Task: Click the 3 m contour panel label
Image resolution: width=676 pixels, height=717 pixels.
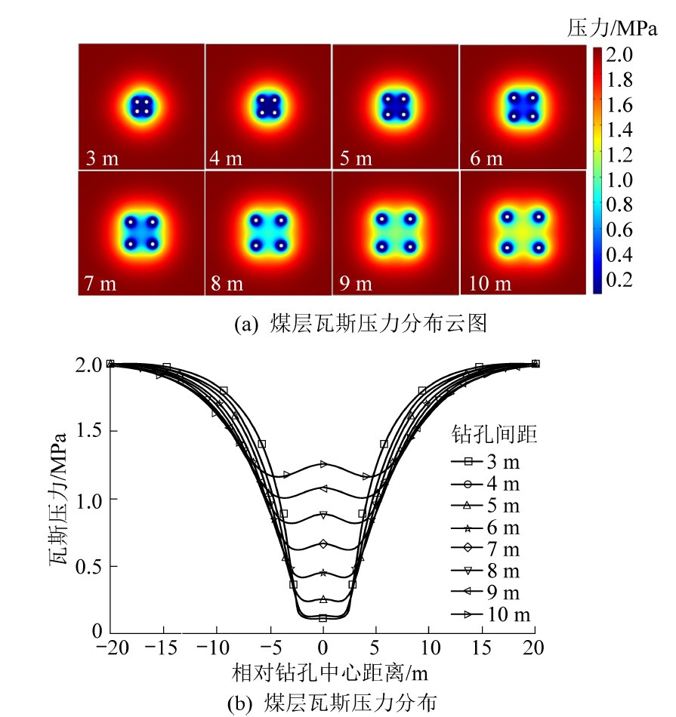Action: tap(103, 159)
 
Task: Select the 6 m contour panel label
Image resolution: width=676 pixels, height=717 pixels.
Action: tap(485, 159)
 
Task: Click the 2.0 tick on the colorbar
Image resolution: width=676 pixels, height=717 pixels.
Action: tap(620, 55)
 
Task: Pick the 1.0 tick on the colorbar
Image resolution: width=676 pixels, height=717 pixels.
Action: tap(620, 180)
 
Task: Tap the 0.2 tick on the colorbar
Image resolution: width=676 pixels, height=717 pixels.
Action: tap(620, 280)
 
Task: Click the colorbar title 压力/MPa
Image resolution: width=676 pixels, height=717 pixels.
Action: tap(613, 29)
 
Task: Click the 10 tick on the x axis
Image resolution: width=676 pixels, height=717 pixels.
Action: tap(429, 648)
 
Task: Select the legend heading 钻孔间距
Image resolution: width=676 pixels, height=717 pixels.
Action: tap(483, 435)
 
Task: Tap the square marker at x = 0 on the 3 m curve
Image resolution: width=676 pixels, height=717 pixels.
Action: tap(323, 618)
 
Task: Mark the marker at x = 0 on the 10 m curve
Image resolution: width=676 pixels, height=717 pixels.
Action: tap(323, 463)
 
